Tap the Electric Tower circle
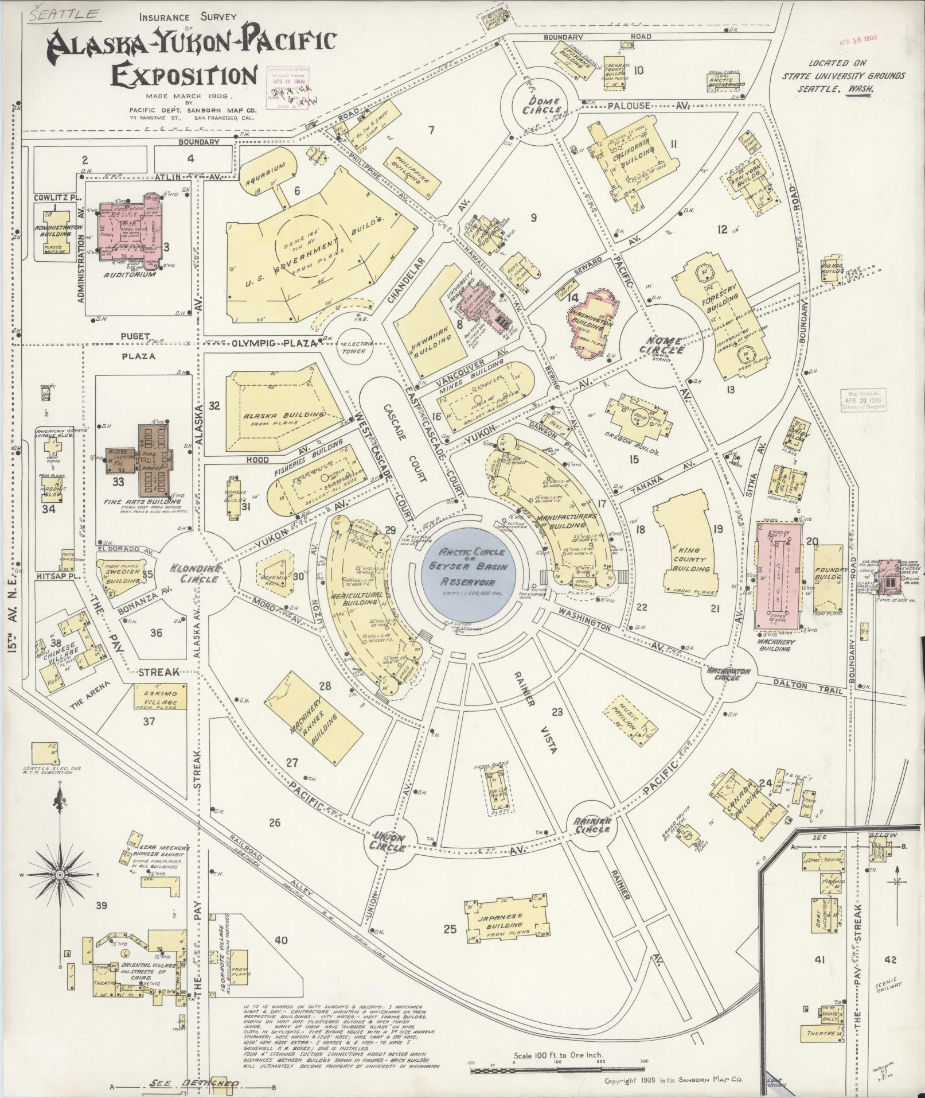pyautogui.click(x=354, y=346)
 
